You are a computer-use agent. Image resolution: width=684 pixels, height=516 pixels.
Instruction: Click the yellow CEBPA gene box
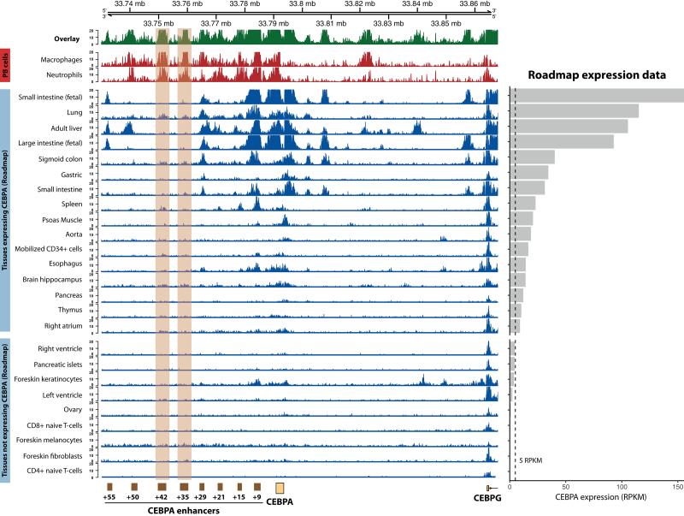[x=280, y=488]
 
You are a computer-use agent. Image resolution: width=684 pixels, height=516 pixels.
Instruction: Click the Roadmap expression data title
[x=597, y=75]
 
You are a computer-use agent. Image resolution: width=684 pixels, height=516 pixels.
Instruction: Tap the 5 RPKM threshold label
[x=530, y=460]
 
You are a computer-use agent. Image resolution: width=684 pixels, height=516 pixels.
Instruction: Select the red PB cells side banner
[x=5, y=67]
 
